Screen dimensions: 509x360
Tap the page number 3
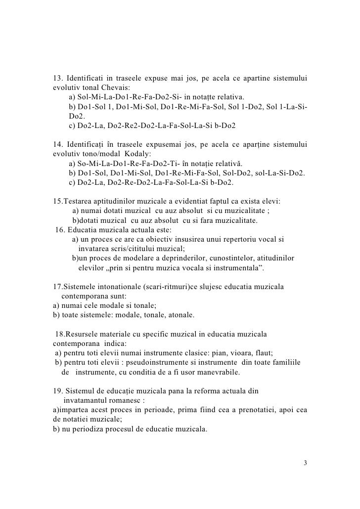[x=305, y=463]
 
